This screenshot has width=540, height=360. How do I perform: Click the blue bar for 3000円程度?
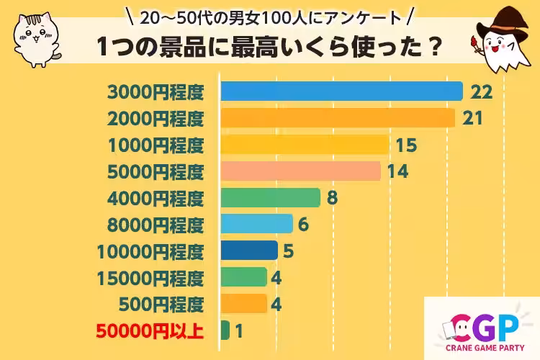(x=341, y=91)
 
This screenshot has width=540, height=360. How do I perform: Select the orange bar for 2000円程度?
(x=338, y=118)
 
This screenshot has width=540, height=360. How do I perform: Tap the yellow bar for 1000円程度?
(x=305, y=145)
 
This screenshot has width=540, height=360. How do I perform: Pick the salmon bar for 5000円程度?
(x=300, y=171)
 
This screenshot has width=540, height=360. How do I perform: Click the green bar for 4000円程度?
(x=270, y=197)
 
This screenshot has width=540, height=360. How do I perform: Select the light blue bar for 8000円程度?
(x=256, y=224)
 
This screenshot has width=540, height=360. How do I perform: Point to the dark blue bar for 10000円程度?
(x=249, y=251)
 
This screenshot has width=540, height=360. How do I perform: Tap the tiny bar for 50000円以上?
(x=225, y=330)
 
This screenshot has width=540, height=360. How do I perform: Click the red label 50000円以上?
(x=150, y=331)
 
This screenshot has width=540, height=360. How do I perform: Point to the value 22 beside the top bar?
(x=480, y=91)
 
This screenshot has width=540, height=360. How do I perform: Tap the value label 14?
(x=397, y=171)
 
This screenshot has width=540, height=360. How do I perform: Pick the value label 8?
(x=332, y=197)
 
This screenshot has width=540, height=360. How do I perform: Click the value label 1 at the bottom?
(x=239, y=330)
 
